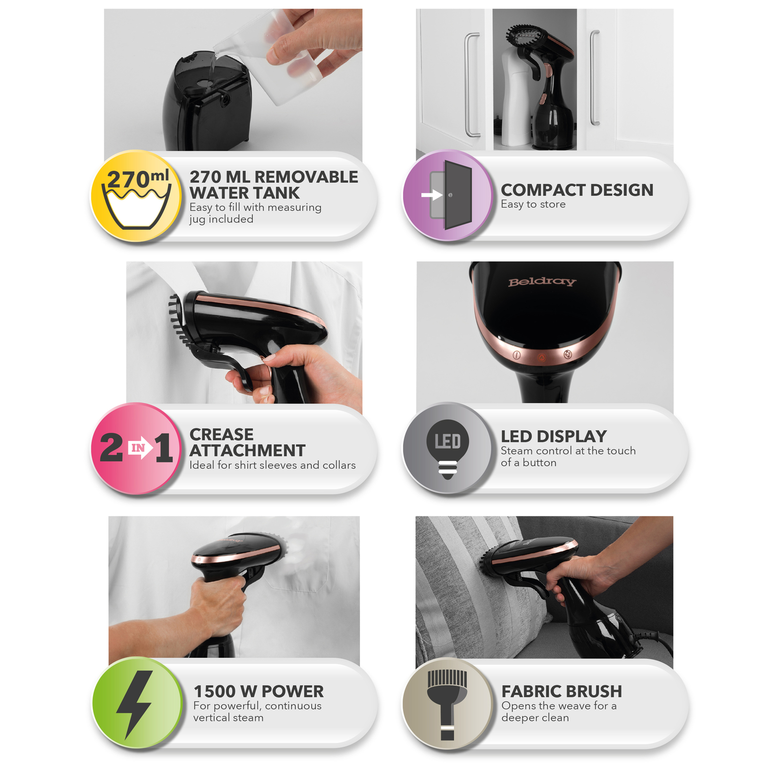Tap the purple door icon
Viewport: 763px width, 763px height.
coord(447,195)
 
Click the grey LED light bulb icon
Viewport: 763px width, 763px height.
coord(447,448)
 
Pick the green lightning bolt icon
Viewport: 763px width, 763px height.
coord(137,703)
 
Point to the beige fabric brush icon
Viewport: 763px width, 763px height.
coord(447,703)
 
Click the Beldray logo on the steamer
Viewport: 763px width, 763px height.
coord(542,282)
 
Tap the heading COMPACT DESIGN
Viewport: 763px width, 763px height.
coord(577,190)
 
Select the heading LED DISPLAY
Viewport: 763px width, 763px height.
coord(554,436)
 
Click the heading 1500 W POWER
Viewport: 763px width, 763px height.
coord(258,691)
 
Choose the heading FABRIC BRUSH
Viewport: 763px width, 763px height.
coord(562,691)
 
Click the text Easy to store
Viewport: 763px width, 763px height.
coord(533,204)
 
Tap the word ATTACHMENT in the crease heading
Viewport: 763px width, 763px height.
coord(247,450)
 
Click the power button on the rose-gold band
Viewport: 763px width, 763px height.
coord(516,355)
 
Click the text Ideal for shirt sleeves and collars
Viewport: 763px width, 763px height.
coord(272,465)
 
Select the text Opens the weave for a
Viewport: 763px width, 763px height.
coord(559,705)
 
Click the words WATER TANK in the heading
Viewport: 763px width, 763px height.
coord(245,193)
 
